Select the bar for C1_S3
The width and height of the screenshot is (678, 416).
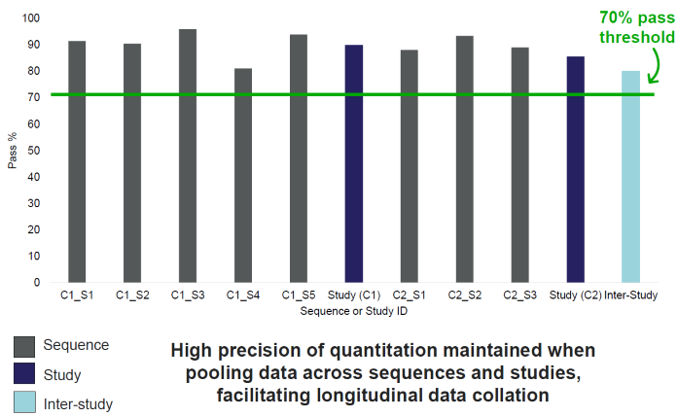pyautogui.click(x=188, y=156)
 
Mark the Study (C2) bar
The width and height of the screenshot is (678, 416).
pyautogui.click(x=576, y=169)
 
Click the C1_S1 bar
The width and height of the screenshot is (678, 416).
pyautogui.click(x=77, y=161)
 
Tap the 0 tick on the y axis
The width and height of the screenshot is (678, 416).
pyautogui.click(x=37, y=283)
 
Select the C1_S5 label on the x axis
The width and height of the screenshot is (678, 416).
pyautogui.click(x=299, y=295)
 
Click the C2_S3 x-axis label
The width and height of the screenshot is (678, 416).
pyautogui.click(x=520, y=295)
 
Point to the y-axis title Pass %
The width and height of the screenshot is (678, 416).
pyautogui.click(x=13, y=151)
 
